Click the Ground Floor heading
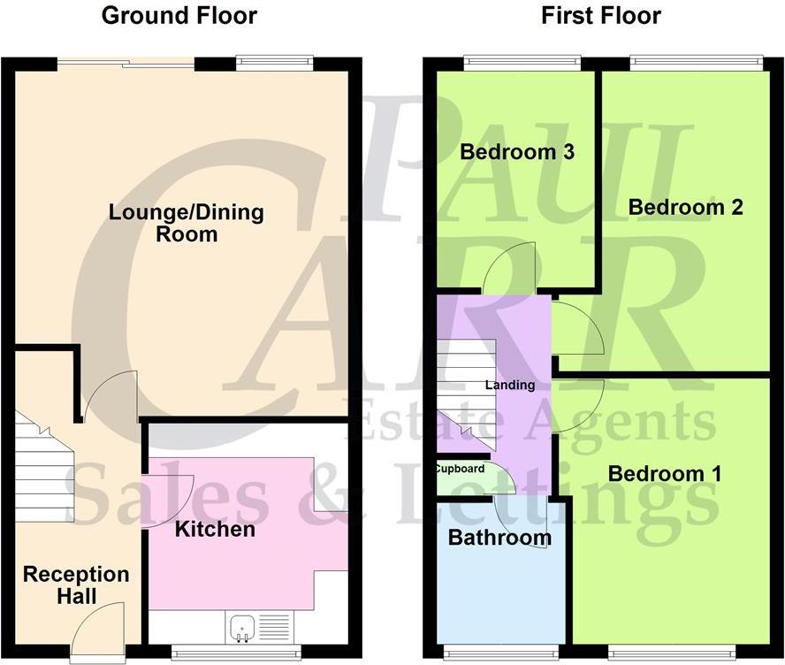[179, 16]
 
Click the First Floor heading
[601, 16]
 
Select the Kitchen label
[215, 530]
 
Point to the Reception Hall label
[76, 585]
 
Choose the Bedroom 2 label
[685, 207]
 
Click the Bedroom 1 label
[665, 474]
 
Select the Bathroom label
[499, 538]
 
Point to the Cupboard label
[459, 469]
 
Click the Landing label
[510, 386]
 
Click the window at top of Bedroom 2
[696, 62]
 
